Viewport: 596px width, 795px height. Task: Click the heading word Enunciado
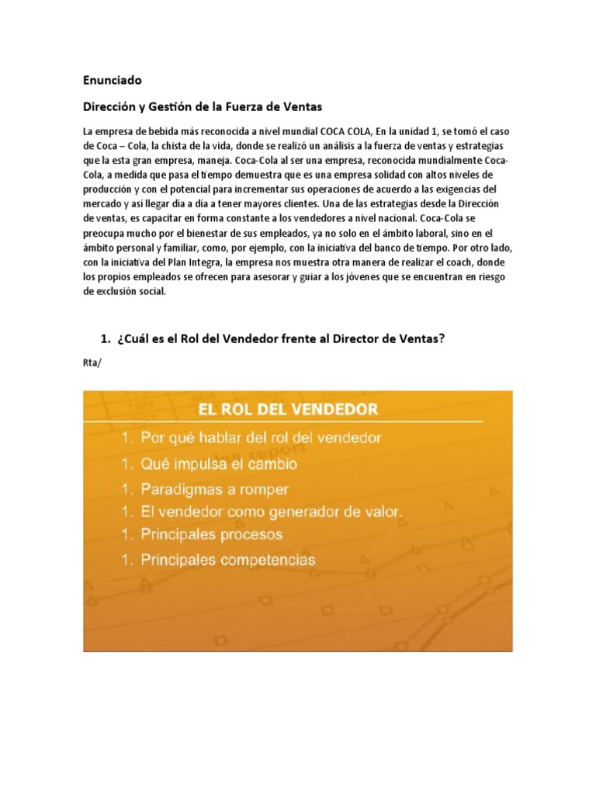(113, 79)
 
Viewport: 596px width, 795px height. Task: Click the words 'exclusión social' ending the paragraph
(124, 291)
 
